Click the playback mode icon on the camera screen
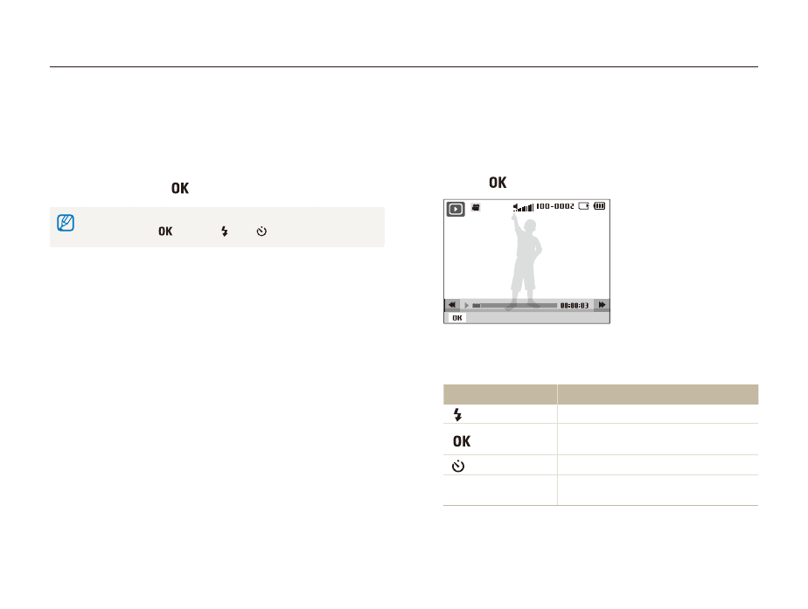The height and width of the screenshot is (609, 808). (x=456, y=209)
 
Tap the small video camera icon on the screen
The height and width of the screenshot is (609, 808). (x=476, y=207)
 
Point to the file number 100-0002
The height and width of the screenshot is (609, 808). (x=555, y=206)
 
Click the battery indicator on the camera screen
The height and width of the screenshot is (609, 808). (x=599, y=206)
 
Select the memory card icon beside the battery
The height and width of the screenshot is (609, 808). (x=583, y=206)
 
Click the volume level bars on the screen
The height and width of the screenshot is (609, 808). (x=523, y=207)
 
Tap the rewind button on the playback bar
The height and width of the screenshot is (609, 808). (x=452, y=305)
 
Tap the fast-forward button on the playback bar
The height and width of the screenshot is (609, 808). (x=602, y=305)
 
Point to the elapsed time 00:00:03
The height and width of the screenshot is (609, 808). (x=575, y=306)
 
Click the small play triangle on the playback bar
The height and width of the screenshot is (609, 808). (x=467, y=305)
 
